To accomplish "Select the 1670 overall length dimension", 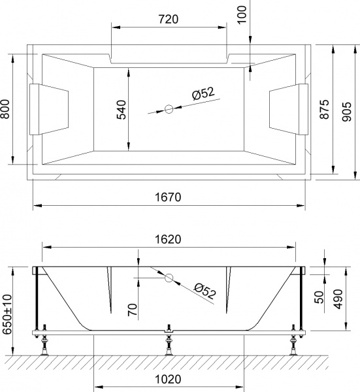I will click(168, 197).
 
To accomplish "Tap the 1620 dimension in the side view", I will click(168, 240).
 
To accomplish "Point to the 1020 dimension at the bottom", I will click(168, 379).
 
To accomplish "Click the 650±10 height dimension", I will click(7, 313).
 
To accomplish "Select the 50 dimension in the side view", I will click(318, 297).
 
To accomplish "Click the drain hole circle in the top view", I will click(169, 109).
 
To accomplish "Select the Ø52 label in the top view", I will click(203, 95).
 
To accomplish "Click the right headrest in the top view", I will click(287, 106).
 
